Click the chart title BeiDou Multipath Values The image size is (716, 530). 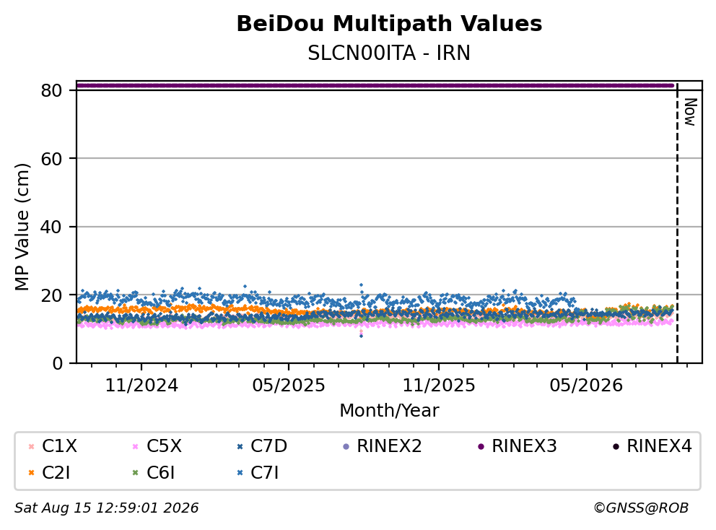coord(389,24)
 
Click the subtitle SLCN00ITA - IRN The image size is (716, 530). coord(389,53)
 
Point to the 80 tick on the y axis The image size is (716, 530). coord(51,90)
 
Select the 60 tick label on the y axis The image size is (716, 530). coord(51,159)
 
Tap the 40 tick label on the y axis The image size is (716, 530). coord(51,227)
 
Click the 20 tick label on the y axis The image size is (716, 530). coord(51,295)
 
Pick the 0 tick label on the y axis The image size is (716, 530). coord(58,363)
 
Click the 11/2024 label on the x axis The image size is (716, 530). coord(141,386)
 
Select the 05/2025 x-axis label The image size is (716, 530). coord(289,386)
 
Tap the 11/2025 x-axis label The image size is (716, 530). coord(438,386)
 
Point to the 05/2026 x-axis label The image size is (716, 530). coord(586,386)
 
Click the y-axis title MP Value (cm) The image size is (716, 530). coord(22,227)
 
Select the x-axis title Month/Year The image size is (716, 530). coord(389,410)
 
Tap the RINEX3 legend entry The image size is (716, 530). coord(518,446)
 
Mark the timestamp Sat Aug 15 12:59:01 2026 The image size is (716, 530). coord(106,508)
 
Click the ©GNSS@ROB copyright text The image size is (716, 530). coord(641,508)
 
